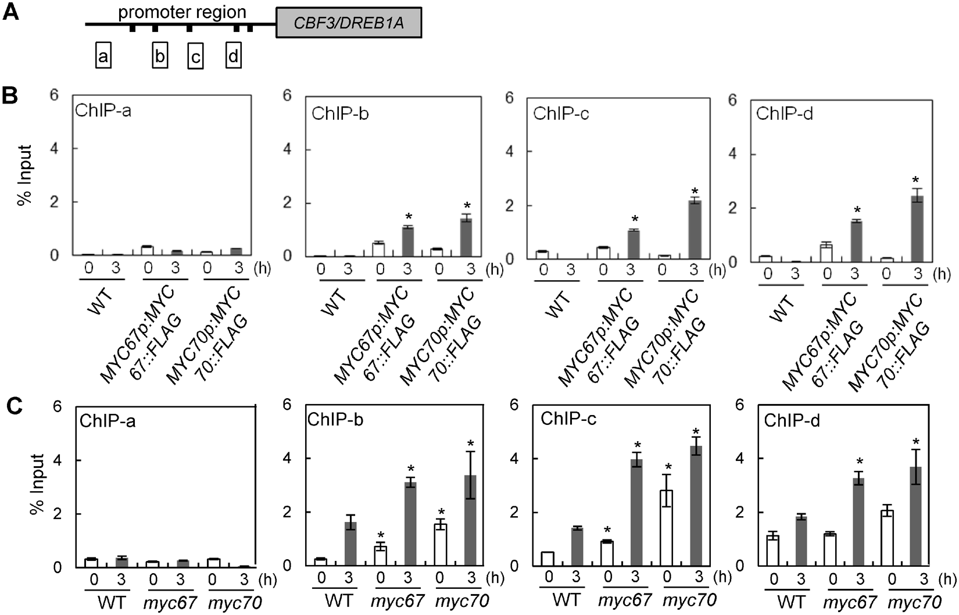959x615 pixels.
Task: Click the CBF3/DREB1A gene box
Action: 348,23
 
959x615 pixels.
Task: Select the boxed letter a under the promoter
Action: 103,56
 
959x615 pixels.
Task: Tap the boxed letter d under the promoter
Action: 233,56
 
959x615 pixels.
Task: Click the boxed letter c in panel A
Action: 196,58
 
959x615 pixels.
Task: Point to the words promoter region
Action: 182,12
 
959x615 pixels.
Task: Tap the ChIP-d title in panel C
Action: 792,421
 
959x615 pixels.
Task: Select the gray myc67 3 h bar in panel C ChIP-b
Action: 411,524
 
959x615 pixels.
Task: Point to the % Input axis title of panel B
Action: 24,174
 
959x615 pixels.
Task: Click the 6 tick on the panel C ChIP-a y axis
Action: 57,406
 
